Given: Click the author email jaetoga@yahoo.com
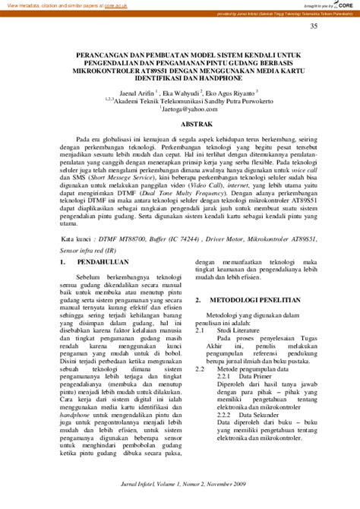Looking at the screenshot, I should [183, 108].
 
